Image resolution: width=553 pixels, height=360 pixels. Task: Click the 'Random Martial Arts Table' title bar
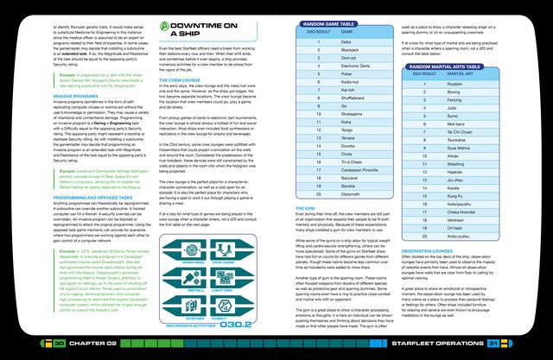[x=461, y=66]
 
